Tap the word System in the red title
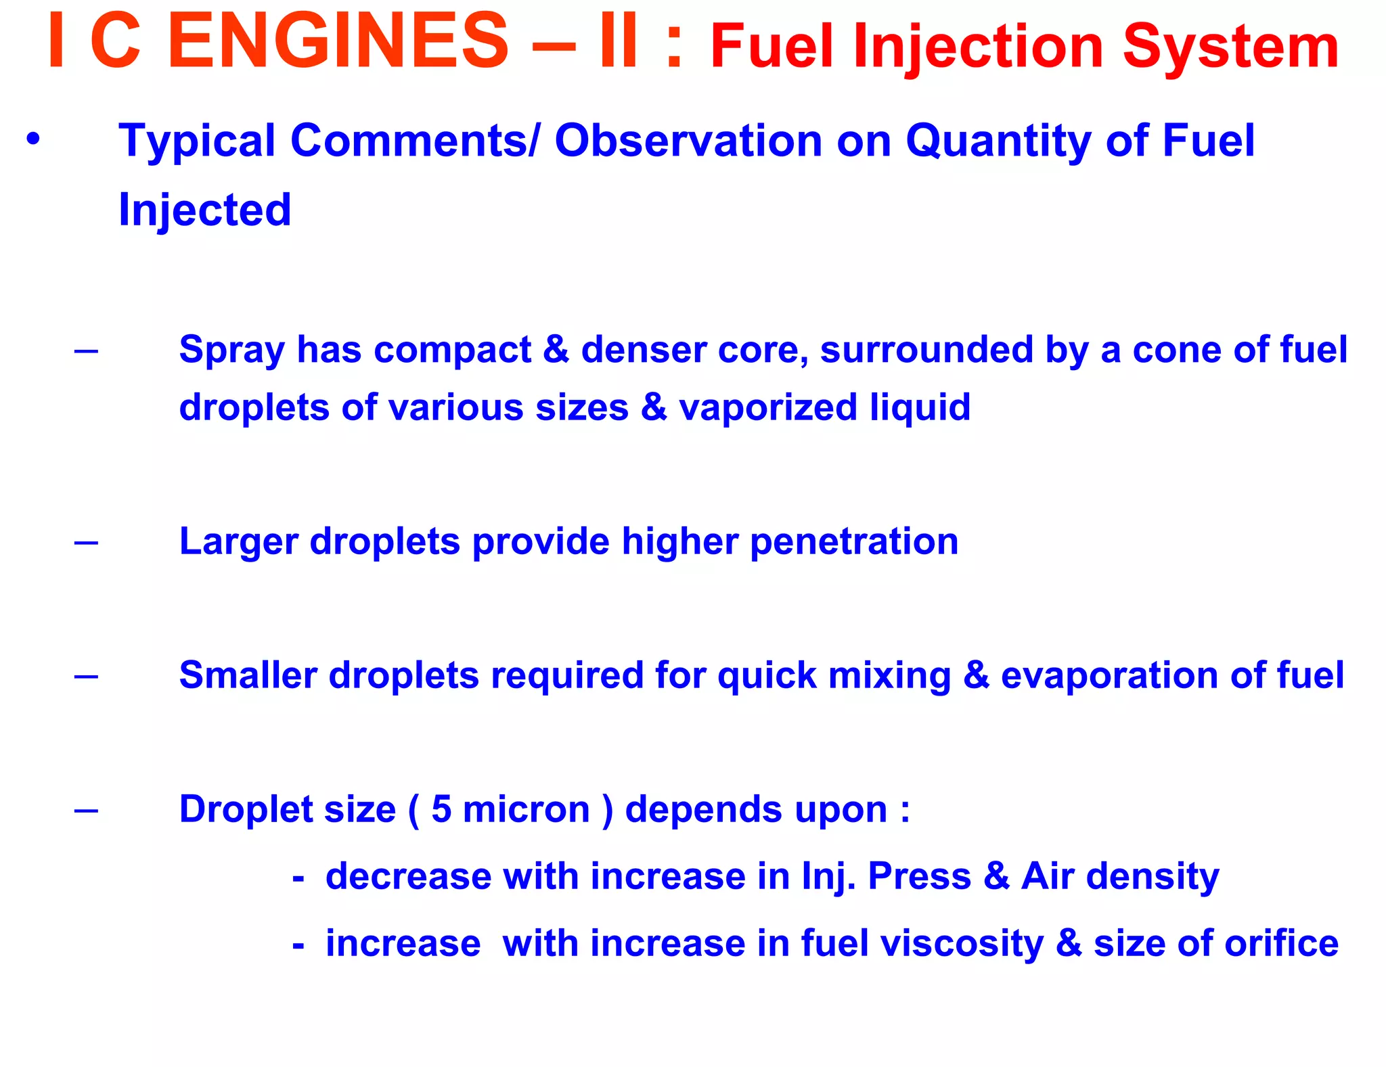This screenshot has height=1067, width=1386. (x=1230, y=47)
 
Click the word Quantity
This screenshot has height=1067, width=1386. (x=998, y=142)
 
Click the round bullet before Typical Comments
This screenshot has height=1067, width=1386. (x=33, y=140)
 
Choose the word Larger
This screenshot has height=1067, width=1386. (x=238, y=543)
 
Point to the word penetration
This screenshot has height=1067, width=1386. (x=854, y=543)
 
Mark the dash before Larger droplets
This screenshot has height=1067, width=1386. (x=86, y=542)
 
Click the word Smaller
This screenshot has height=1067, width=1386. (x=248, y=675)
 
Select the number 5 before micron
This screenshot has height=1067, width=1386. (x=441, y=809)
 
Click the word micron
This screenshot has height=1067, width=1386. (x=526, y=810)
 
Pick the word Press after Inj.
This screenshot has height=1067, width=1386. (x=919, y=877)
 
